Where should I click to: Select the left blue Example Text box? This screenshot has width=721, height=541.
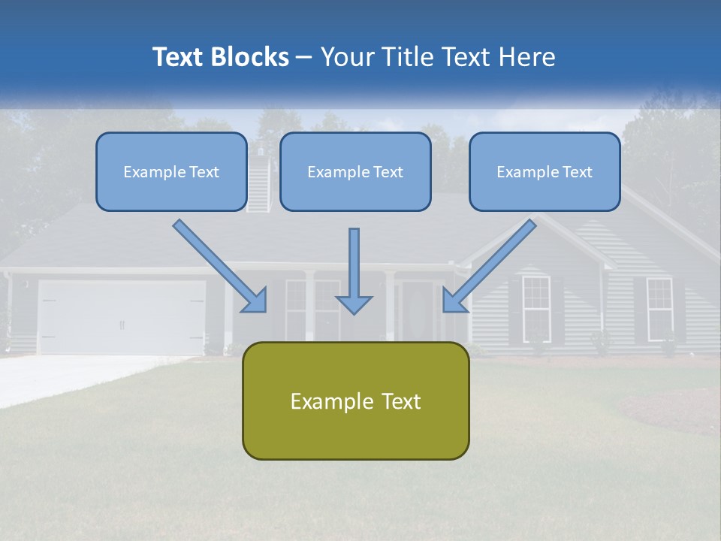point(171,171)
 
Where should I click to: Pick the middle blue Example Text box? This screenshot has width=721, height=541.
point(355,171)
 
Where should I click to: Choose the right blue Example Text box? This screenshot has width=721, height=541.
point(545,171)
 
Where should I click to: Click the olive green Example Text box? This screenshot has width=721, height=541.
point(355,400)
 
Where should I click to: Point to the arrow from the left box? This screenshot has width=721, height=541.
point(219,265)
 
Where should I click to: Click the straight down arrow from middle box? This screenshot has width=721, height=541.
point(354,270)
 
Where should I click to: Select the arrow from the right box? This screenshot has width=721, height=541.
point(490,265)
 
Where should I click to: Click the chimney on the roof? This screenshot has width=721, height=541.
point(258,180)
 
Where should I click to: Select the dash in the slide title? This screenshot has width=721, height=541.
point(305,57)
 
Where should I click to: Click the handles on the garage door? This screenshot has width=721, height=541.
point(122,325)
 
